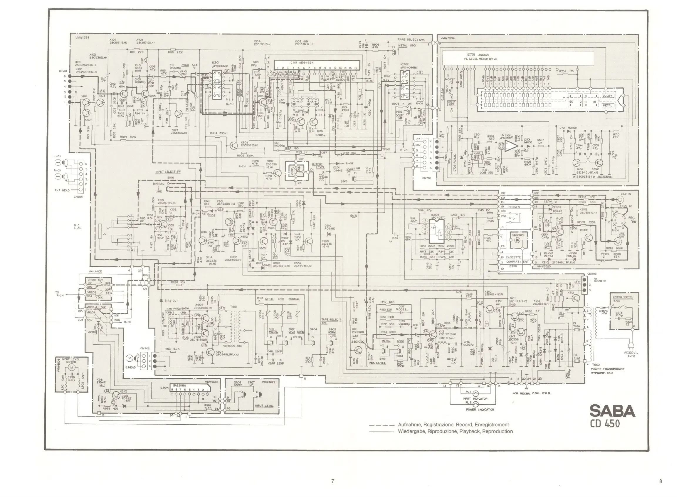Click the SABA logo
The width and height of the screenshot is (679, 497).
(x=612, y=411)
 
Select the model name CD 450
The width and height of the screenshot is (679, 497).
(x=604, y=423)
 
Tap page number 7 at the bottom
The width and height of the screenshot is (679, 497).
(x=332, y=481)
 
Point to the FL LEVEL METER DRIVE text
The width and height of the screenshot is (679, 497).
(x=480, y=59)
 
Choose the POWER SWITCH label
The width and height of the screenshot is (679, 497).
(x=623, y=297)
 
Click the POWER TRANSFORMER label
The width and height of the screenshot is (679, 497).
(x=608, y=369)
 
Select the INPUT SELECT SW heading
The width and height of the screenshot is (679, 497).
(x=168, y=172)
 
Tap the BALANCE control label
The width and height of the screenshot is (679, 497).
(x=95, y=271)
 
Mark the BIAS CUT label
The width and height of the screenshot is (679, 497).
(x=171, y=301)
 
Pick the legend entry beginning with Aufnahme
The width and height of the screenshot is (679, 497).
(x=453, y=425)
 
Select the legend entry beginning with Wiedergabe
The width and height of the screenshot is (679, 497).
(x=455, y=431)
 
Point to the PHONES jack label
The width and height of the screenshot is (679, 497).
(x=514, y=207)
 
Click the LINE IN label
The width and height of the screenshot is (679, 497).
(x=626, y=194)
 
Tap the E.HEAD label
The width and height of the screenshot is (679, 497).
(x=130, y=367)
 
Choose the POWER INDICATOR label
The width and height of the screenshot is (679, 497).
(x=480, y=409)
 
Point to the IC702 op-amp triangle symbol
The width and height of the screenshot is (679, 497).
(x=511, y=146)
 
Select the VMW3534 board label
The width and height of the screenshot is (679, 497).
(x=447, y=38)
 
